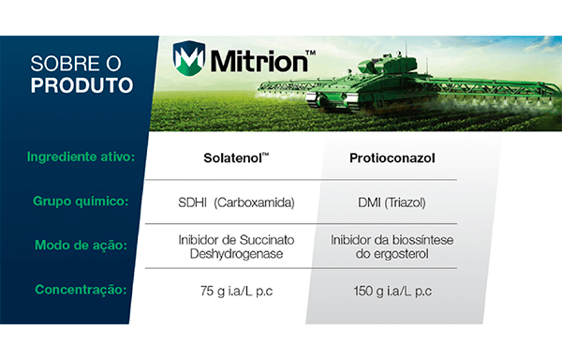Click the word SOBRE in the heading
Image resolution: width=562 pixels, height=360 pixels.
pos(67,64)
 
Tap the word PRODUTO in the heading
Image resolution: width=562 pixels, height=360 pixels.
pos(81,85)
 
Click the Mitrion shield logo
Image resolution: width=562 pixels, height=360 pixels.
pos(189,58)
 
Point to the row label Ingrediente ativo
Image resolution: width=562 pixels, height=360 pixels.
pos(81,157)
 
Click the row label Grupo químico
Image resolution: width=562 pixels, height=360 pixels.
pos(81,202)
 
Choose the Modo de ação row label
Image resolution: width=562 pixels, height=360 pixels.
pos(81,246)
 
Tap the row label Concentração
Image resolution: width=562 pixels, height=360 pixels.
pos(81,290)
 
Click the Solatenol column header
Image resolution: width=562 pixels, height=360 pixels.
pos(236,157)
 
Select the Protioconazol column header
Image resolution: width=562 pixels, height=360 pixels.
pos(392,158)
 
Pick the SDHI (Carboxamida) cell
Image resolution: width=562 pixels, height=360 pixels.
pos(236,202)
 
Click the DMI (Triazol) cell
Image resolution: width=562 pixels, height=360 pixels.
pos(392,202)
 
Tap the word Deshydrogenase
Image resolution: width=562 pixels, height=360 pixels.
pos(236,254)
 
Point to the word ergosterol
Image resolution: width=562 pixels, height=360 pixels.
pos(401,254)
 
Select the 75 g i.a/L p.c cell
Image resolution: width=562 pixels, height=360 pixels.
pos(236,291)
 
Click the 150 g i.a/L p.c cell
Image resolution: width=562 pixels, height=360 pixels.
pos(392,291)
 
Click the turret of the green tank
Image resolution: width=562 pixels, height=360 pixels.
pos(387,65)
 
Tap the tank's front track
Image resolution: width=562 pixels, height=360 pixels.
pos(313,98)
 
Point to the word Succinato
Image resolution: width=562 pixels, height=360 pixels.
pos(267,240)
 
